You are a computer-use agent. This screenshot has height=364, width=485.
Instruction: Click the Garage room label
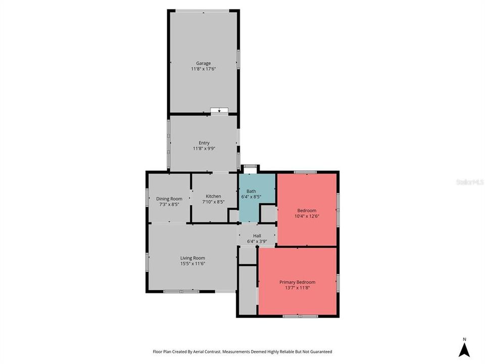204,63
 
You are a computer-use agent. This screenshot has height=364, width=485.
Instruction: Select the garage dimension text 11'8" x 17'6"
204,69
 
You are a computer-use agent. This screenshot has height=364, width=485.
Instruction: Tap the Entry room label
204,143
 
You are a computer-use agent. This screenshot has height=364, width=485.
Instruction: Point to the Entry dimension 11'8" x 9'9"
204,149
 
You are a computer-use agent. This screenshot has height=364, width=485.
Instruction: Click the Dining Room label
169,199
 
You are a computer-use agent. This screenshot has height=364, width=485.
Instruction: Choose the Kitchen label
213,196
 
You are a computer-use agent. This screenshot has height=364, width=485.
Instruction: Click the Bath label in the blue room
251,192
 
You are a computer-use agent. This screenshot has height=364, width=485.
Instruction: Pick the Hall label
257,236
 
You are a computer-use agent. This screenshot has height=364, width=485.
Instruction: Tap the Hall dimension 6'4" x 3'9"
257,242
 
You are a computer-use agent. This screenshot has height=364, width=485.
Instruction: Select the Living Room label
192,258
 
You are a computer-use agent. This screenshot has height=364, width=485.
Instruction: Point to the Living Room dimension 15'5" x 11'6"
192,263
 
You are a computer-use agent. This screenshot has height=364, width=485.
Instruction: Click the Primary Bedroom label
298,282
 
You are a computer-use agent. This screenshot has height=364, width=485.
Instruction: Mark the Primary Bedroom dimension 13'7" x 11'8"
298,288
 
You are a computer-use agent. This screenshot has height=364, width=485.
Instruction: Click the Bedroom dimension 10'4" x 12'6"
307,216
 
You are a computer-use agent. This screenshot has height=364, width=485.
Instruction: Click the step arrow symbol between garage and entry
219,110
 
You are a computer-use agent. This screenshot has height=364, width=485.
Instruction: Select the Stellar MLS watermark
469,181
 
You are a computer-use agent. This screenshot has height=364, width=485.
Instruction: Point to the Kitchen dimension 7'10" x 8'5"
213,202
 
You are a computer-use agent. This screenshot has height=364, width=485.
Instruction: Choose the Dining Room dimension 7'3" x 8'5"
169,205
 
